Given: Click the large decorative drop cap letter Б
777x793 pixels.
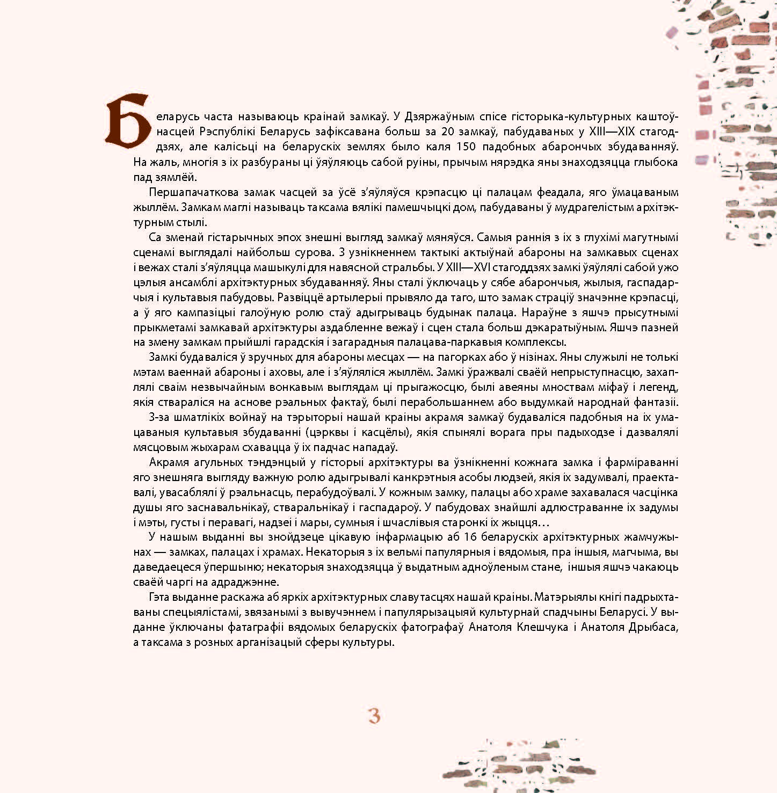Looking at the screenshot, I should click(x=127, y=121).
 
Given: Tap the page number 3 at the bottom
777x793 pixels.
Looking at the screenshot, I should click(x=374, y=716).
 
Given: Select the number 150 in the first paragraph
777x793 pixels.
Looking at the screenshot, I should click(x=467, y=147).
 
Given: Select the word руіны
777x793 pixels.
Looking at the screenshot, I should click(x=322, y=162).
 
